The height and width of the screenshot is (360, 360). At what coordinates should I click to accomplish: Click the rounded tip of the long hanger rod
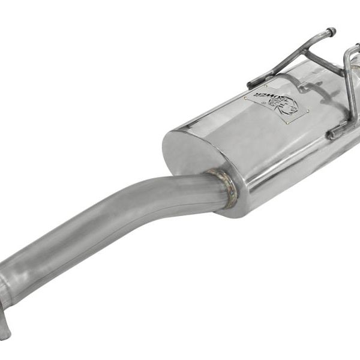point(331,31)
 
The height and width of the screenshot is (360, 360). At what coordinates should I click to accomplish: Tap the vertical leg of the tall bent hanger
point(346,90)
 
